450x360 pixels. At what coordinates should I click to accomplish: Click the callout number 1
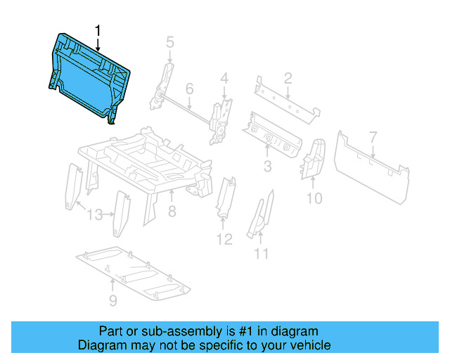coord(98,30)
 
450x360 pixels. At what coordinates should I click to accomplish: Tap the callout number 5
coord(169,43)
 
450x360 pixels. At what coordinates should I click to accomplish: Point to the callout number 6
coord(189,89)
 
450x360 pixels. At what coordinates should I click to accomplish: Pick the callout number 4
coord(224,77)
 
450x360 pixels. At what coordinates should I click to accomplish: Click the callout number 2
coord(288,77)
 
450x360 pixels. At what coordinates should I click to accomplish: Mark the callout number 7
coord(373,137)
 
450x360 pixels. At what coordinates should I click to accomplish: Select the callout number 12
coord(224,239)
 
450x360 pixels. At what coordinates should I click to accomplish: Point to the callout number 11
coord(261,253)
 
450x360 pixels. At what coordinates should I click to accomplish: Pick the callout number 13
coord(95,214)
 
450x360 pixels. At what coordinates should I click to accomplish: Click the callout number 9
coord(112,302)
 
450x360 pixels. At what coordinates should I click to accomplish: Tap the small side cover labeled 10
coord(312,160)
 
